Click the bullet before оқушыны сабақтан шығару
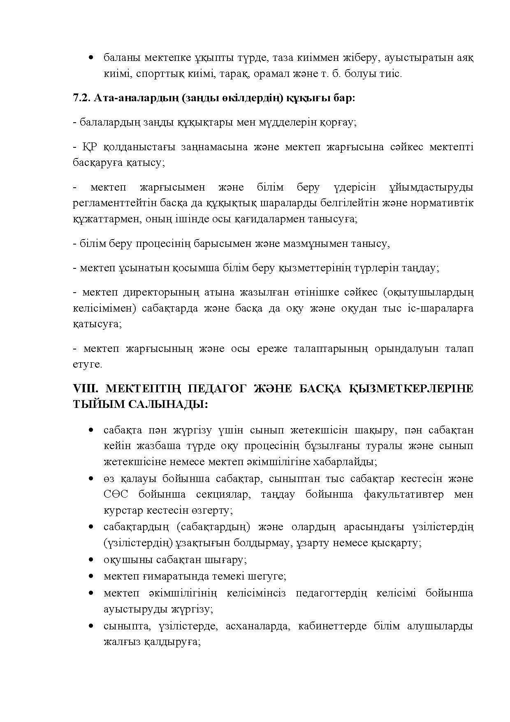pyautogui.click(x=91, y=560)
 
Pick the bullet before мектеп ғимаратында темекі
pyautogui.click(x=91, y=576)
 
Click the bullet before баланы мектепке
pyautogui.click(x=91, y=58)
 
